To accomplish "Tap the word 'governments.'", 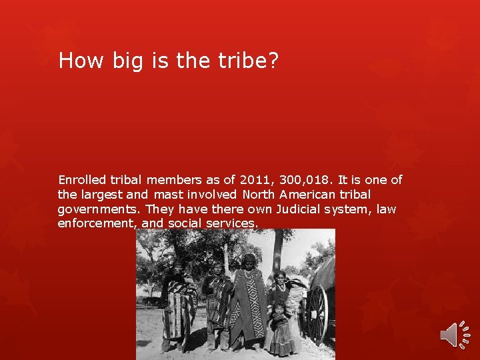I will click(97, 209).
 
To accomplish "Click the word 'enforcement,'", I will click(97, 224).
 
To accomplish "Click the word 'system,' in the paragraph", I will click(352, 209).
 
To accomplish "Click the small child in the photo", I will click(279, 327).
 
